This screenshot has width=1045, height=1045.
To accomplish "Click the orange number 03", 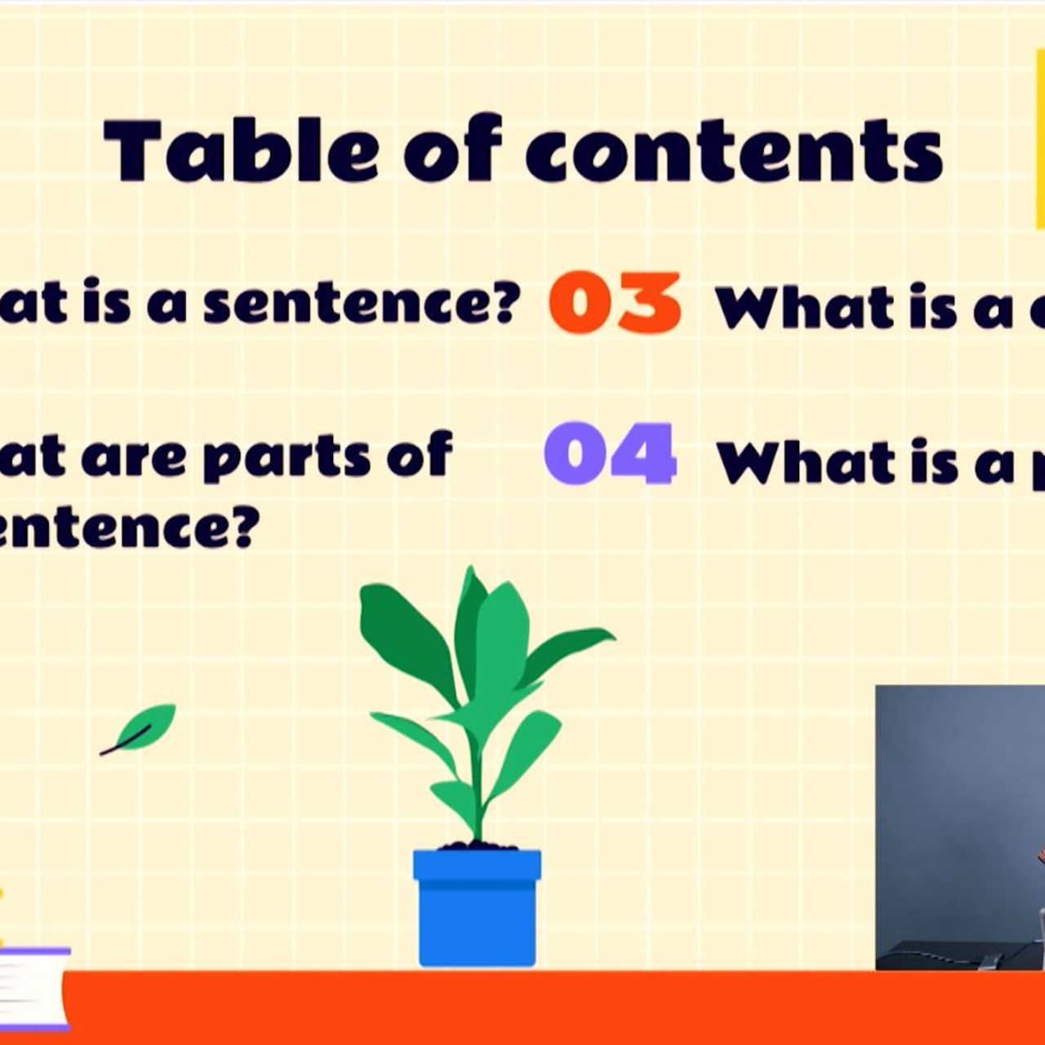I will [615, 303].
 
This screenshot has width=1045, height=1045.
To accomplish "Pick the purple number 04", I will [610, 454].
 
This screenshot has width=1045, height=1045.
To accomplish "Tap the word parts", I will [287, 456].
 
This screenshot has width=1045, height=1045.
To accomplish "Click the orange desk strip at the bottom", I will [522, 1008].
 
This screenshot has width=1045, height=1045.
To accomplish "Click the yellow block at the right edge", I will [1039, 139].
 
